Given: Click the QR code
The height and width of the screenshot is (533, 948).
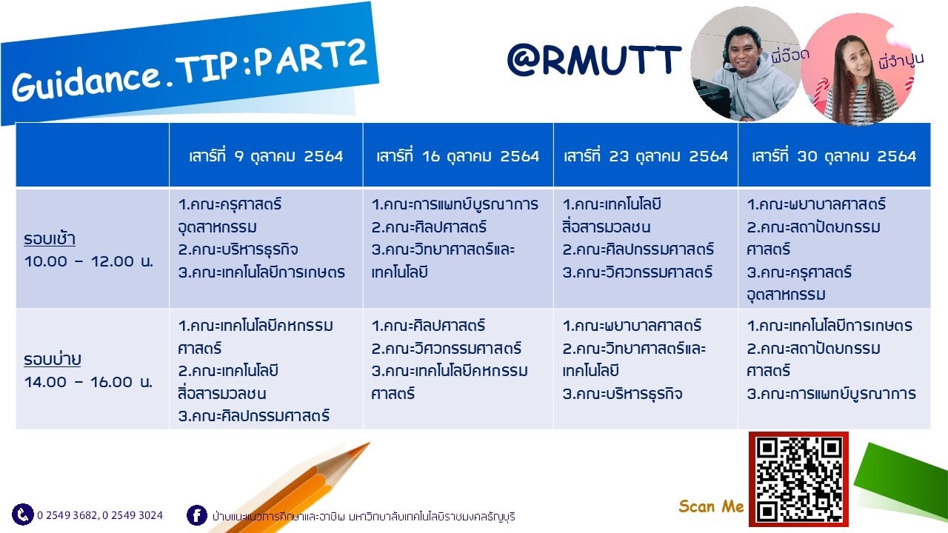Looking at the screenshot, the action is tap(798, 479).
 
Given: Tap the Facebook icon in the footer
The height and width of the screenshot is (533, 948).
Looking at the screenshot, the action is tap(197, 515).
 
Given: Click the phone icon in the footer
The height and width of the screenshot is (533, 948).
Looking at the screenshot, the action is tap(23, 514).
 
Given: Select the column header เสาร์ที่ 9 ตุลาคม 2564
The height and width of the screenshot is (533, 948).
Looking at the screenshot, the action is tap(266, 156).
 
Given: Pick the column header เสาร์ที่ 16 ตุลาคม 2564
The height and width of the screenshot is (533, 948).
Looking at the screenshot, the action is tap(458, 156).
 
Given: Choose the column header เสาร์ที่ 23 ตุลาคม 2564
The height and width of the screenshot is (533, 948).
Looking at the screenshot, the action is tap(646, 156).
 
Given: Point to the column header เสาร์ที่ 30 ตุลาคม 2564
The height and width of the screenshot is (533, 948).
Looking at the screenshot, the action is tap(834, 156).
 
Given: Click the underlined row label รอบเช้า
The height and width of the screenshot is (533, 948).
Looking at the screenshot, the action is tap(50, 239).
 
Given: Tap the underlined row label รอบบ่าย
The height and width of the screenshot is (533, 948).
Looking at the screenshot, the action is tap(52, 360).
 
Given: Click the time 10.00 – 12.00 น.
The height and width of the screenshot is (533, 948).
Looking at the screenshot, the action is tap(88, 261).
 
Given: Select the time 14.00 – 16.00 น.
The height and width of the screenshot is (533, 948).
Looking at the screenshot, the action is tap(88, 382).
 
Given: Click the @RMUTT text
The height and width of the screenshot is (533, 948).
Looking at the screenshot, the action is tap(594, 60).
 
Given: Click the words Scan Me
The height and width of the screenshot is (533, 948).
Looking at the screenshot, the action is tap(711, 506).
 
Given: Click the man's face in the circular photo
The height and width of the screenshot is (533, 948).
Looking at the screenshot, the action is tap(741, 49).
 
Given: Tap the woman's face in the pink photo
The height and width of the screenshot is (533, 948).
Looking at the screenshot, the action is tap(854, 59).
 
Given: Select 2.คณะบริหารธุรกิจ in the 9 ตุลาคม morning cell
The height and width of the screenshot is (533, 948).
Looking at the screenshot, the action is tap(238, 249).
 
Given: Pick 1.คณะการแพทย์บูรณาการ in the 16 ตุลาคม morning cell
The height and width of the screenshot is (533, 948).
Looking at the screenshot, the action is tap(455, 205).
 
